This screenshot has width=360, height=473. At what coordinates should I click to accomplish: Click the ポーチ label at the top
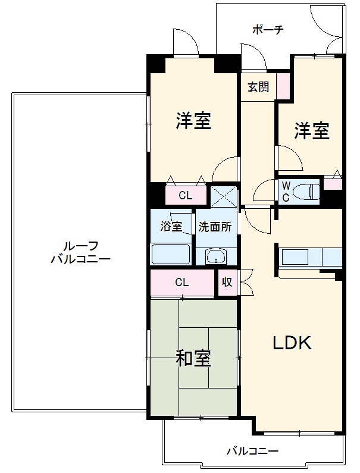coord(268,30)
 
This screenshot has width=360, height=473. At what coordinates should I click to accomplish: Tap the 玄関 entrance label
coord(258,87)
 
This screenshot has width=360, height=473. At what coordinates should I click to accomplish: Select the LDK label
coord(292,343)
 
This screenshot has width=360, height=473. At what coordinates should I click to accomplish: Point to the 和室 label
coord(193,358)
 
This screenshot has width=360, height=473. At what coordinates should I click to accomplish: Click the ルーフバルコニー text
coord(80,252)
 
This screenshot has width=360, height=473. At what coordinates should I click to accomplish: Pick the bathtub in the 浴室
coord(171,254)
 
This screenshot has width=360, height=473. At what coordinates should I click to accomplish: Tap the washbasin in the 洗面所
coord(216,256)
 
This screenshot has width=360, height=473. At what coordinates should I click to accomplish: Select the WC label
coord(286,192)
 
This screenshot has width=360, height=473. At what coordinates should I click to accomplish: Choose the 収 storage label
coord(227,282)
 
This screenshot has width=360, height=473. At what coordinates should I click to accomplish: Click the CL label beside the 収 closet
coord(182,283)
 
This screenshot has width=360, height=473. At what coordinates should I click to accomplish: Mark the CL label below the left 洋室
coord(185,196)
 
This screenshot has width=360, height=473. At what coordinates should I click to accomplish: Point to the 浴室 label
coord(171,226)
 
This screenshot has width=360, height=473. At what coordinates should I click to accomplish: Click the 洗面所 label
coord(215,227)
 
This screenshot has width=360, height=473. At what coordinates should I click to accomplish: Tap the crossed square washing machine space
coord(223,197)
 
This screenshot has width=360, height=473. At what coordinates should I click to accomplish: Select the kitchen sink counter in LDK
coord(309,257)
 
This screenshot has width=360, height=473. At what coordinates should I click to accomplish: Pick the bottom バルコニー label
coord(252,452)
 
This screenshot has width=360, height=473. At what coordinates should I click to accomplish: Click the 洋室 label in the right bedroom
coord(312,131)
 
